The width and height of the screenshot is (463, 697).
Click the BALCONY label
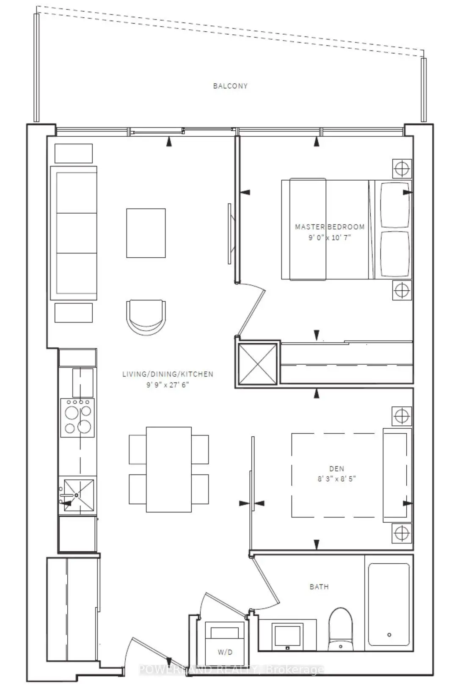click(230, 86)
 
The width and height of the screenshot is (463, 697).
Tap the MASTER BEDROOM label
click(330, 227)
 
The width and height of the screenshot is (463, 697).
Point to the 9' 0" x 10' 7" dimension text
click(330, 237)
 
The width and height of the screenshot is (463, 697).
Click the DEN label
click(337, 468)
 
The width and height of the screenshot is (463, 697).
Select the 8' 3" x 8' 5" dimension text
click(337, 479)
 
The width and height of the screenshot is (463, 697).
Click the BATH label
click(319, 587)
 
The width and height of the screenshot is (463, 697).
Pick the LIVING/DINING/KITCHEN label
click(168, 374)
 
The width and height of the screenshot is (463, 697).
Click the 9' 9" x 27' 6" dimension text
click(168, 385)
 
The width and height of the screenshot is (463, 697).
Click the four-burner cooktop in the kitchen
click(77, 418)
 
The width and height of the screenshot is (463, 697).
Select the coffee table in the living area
click(146, 233)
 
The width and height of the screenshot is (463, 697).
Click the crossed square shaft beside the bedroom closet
click(258, 364)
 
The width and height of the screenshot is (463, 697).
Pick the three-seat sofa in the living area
click(74, 233)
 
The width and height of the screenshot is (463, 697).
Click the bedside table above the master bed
click(402, 169)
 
